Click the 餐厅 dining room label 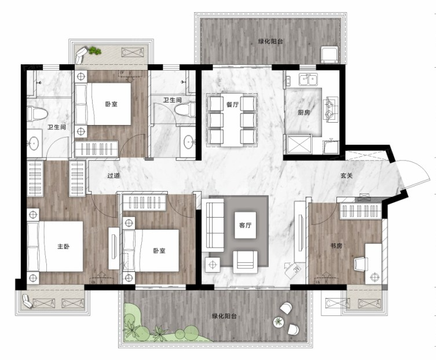click(232, 105)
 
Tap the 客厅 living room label click(245, 225)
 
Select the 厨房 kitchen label click(303, 113)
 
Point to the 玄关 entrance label click(346, 176)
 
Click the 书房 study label click(336, 246)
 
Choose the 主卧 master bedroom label click(63, 247)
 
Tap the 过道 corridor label click(113, 176)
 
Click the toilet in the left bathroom click(36, 113)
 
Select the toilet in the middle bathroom click(185, 109)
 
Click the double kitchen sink click(309, 80)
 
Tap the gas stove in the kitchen click(331, 109)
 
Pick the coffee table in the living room click(246, 225)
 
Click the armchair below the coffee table click(245, 262)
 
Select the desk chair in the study click(361, 264)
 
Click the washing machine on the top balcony click(330, 55)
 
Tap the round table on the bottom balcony click(278, 322)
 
